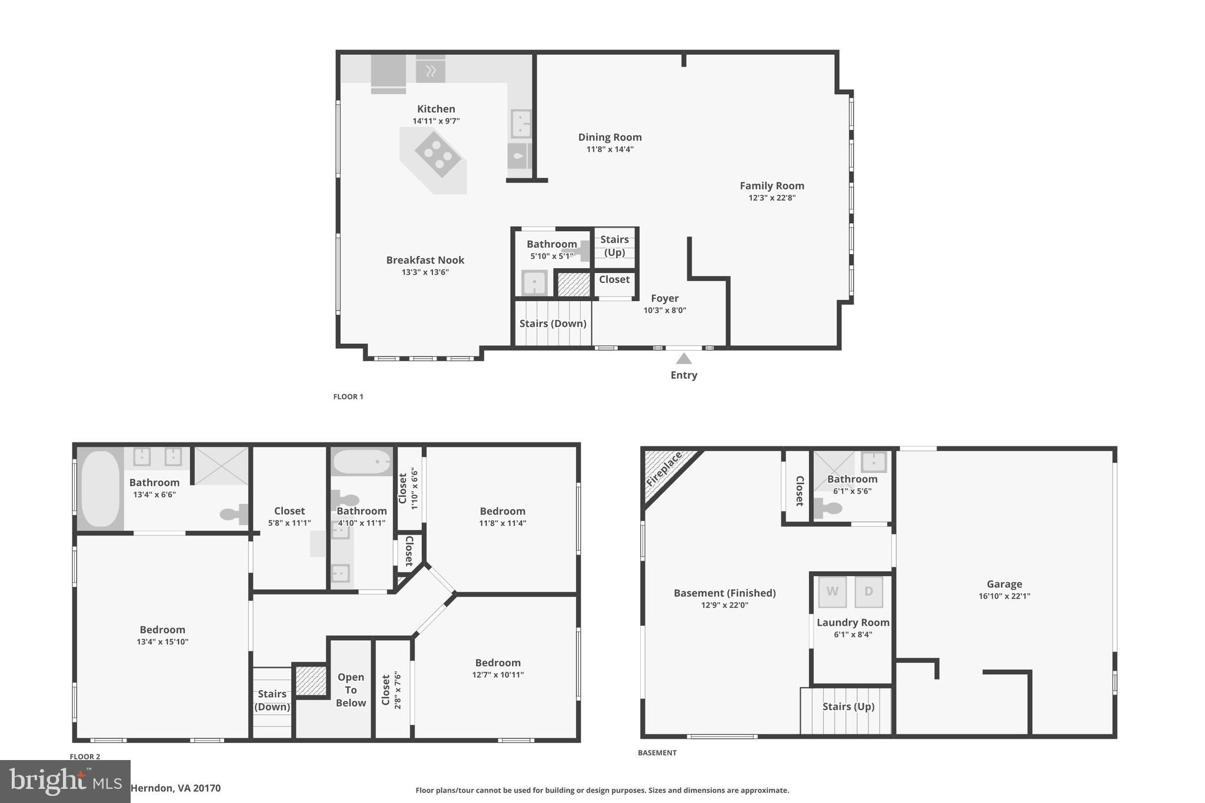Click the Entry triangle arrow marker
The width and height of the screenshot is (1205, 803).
683,358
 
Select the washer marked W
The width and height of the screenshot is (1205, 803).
832,592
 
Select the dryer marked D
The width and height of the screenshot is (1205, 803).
868,592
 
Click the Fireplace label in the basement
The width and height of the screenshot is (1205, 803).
664,469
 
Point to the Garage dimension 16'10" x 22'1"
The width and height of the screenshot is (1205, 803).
1004,596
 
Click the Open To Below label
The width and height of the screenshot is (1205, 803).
351,689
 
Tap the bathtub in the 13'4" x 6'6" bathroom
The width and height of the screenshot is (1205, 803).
100,489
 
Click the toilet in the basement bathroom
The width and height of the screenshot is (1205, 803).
828,507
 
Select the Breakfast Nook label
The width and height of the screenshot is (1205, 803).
425,260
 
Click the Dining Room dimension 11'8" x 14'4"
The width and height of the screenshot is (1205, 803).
610,149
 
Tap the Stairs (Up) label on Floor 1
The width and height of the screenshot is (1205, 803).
614,246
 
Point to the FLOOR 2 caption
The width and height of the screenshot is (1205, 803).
85,757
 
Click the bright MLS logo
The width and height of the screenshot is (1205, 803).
65,781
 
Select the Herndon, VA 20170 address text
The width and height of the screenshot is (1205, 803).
175,788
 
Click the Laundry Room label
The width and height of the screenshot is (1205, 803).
853,622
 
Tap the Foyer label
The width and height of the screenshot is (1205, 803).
664,298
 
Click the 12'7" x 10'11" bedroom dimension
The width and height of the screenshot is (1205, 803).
498,675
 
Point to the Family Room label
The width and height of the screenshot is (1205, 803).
771,186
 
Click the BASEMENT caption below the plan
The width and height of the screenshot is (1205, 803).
657,752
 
